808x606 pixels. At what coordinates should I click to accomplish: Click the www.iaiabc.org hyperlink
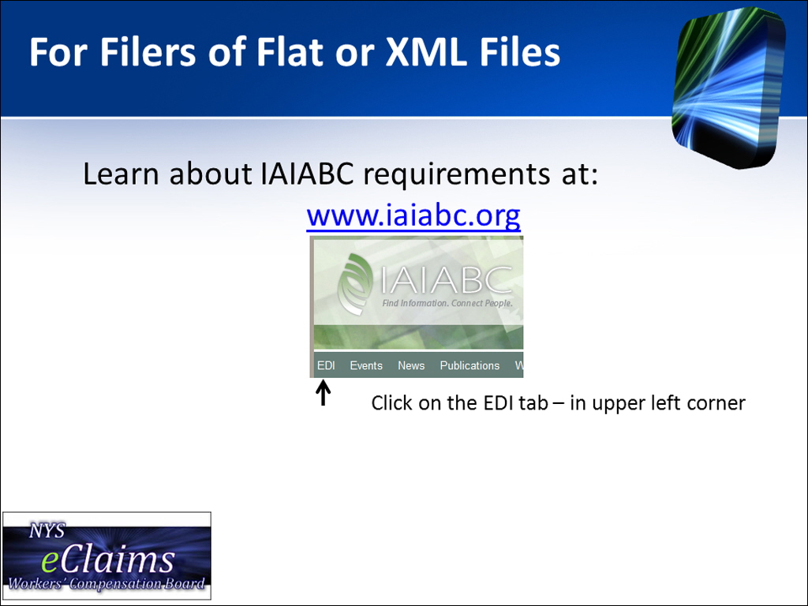coord(413,216)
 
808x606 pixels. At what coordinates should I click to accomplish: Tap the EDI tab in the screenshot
coord(326,365)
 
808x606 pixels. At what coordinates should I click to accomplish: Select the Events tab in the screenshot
coord(366,365)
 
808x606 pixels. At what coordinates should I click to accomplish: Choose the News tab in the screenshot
coord(410,365)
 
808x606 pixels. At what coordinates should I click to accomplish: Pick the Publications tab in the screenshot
coord(469,365)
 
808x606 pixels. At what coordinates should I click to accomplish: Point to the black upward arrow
coord(323,393)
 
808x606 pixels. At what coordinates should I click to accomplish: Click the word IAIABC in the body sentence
coord(307,174)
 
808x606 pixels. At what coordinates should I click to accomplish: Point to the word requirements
coord(457,175)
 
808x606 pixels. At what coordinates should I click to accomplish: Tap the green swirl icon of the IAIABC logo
coord(355,284)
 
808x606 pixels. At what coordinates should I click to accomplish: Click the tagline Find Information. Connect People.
coord(447,303)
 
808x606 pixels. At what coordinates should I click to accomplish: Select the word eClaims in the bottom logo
coord(107,560)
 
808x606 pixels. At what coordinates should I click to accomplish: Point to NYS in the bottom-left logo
coord(47,531)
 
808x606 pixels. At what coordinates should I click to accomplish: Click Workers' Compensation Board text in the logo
coord(107,584)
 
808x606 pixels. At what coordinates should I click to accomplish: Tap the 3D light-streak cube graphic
coord(729,88)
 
